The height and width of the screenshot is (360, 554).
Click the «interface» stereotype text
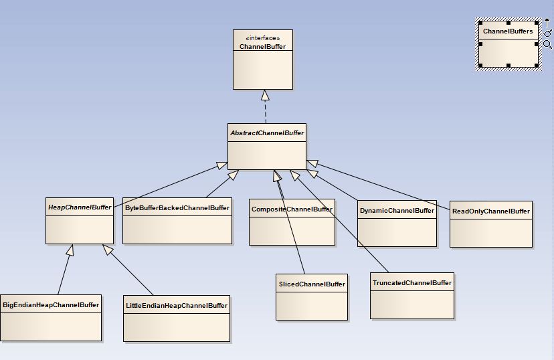[262, 38]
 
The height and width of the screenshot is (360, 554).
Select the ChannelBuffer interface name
[262, 47]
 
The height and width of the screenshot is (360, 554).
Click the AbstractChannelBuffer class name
[266, 133]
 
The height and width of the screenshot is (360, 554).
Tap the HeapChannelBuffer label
[80, 207]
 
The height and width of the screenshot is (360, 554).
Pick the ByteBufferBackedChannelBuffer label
[177, 208]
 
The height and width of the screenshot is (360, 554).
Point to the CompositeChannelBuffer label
[292, 209]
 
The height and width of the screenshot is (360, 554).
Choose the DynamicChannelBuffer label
[397, 211]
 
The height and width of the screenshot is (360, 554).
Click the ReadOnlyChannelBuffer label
[491, 211]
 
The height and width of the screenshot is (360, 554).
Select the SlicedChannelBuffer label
[312, 284]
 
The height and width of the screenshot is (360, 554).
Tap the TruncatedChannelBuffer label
[412, 283]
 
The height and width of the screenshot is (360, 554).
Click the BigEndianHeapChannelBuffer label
[51, 305]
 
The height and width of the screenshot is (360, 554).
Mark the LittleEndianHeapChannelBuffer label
[177, 306]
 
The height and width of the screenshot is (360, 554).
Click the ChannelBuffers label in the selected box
[508, 31]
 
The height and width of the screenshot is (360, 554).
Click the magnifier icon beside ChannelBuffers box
[547, 45]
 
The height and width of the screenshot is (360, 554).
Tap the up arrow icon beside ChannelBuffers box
[547, 23]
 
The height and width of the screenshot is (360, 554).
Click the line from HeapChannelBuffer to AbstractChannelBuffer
[167, 185]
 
